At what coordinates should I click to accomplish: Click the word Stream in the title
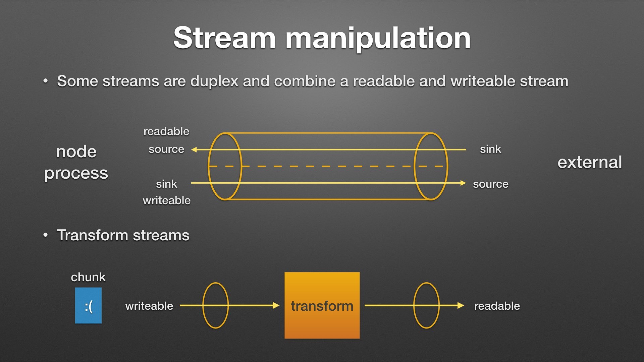tap(224, 38)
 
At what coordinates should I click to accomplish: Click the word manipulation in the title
tap(378, 39)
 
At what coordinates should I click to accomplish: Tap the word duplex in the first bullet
tap(214, 81)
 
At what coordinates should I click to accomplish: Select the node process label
tap(76, 162)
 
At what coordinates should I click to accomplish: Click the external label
tap(589, 163)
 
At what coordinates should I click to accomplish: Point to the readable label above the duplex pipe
tap(166, 131)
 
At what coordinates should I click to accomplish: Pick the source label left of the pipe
tap(166, 149)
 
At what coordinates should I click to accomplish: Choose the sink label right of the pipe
tap(490, 149)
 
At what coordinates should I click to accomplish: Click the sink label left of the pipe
tap(166, 184)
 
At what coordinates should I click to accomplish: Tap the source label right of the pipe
tap(490, 184)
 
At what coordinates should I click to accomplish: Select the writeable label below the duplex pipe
tap(166, 200)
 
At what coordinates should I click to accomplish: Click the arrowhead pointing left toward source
tap(194, 149)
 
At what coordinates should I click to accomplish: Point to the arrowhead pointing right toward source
tap(463, 183)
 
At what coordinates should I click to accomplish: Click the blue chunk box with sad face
tap(88, 305)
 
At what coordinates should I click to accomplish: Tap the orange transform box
tap(322, 305)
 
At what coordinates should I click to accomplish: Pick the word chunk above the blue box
tap(88, 277)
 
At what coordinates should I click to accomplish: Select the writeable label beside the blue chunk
tap(149, 306)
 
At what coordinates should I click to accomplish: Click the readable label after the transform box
tap(497, 306)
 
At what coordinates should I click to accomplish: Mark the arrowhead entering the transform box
tap(276, 305)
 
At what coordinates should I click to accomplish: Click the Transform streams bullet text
tap(123, 235)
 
